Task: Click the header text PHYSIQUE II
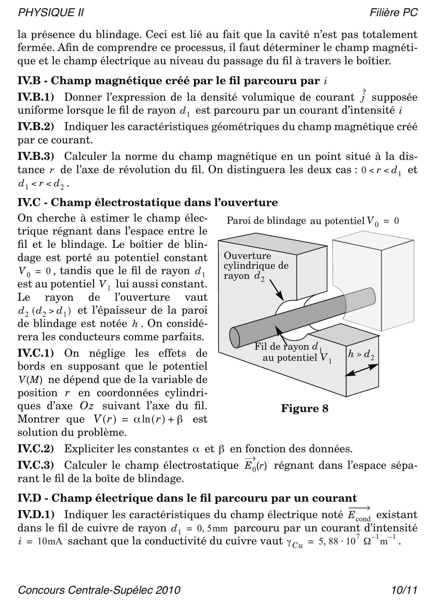point(51,13)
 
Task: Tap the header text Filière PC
point(394,13)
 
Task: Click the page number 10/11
point(404,590)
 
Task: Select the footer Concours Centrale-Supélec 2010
point(99,590)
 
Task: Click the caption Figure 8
point(305,408)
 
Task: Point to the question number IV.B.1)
point(36,97)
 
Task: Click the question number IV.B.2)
point(36,127)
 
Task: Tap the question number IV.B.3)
point(36,156)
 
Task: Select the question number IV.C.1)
point(36,353)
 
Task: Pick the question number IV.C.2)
point(36,448)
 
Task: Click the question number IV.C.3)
point(36,465)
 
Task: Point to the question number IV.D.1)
point(36,514)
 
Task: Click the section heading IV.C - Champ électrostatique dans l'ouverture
point(147,202)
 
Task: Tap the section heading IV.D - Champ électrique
point(187,498)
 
